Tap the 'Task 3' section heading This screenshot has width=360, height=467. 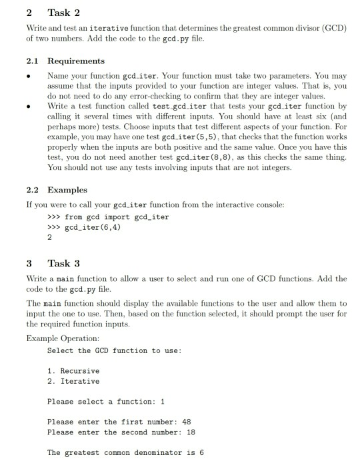[x=63, y=262]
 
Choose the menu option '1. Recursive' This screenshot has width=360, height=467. [x=73, y=370]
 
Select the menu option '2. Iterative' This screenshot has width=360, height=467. [x=73, y=381]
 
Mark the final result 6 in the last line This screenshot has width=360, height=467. [x=201, y=452]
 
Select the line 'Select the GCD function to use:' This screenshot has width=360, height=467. [x=114, y=350]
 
